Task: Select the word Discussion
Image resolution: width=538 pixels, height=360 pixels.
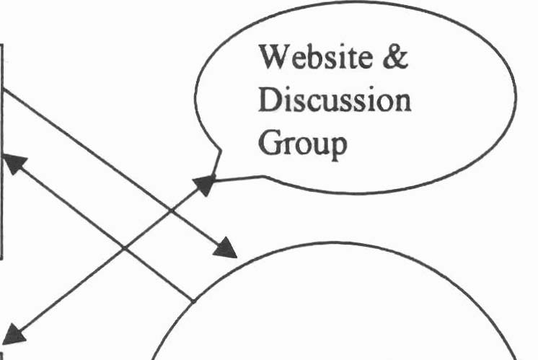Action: point(335,102)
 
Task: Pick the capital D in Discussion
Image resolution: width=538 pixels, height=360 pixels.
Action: point(268,102)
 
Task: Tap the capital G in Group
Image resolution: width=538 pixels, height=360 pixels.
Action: point(268,146)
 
